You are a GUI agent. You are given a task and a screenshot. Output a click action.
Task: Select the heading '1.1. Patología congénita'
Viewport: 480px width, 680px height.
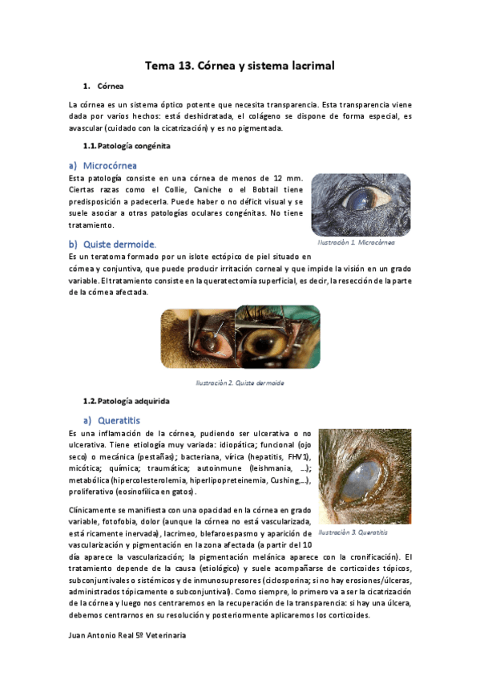point(127,147)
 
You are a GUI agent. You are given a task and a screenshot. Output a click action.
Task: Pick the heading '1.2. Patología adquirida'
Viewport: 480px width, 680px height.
point(127,400)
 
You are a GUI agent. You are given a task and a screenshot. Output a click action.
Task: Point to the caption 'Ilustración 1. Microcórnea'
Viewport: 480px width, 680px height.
point(356,241)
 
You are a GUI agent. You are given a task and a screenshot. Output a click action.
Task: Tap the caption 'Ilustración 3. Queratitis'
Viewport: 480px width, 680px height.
point(353,532)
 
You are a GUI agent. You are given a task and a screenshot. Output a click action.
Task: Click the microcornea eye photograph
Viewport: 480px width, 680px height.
point(356,204)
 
